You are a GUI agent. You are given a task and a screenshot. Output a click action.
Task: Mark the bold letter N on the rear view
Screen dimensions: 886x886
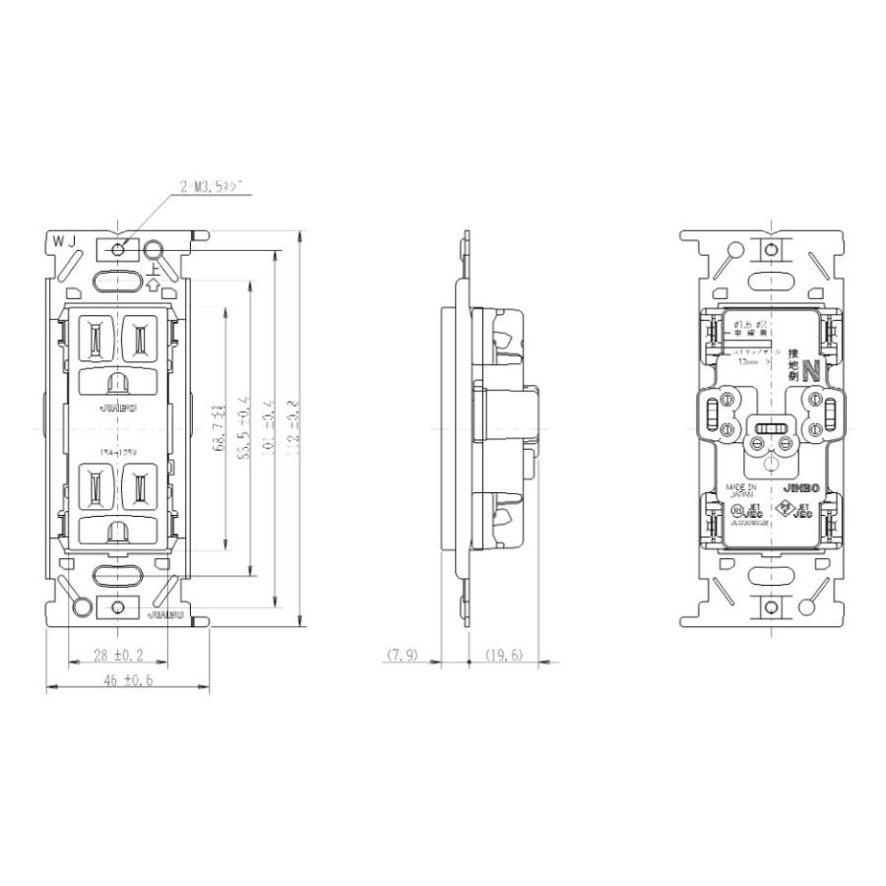[x=810, y=372]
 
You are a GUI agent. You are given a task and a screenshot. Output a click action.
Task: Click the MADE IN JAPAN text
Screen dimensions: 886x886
[x=742, y=491]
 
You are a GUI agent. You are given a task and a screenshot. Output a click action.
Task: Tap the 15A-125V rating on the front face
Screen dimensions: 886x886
[x=117, y=452]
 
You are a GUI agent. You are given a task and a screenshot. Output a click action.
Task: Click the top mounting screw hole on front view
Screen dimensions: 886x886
[x=118, y=249]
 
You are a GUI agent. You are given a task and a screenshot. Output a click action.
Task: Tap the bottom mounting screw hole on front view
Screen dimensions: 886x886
[x=118, y=607]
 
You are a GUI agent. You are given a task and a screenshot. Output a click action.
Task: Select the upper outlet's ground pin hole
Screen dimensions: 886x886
[x=117, y=381]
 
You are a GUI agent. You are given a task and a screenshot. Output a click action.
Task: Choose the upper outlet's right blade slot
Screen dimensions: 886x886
[x=139, y=339]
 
